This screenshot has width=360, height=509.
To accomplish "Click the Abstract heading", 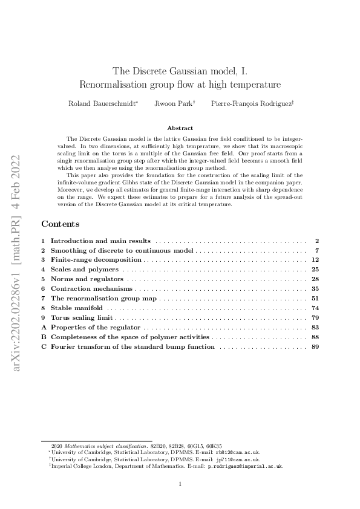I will coord(180,128).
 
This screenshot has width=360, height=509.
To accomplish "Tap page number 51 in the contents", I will coord(315,298).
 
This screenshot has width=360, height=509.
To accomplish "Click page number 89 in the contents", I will coord(315,346).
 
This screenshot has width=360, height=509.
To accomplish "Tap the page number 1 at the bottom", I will coord(180,484).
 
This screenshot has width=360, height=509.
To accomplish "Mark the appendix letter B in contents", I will coord(43,337).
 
